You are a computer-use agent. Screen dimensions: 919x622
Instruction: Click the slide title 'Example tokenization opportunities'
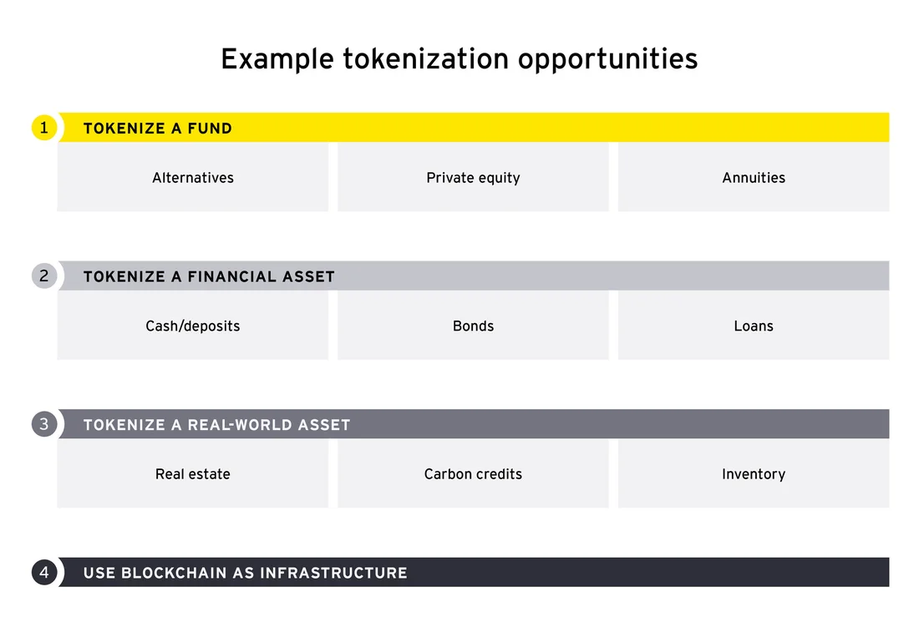(459, 59)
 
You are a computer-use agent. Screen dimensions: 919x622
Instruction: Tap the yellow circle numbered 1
(44, 128)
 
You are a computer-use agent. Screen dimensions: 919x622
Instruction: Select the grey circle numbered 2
(44, 276)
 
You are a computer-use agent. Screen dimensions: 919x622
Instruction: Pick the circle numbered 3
(44, 424)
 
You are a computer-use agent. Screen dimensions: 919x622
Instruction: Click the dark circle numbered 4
(44, 572)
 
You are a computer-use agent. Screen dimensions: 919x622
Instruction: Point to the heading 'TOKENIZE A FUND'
(158, 129)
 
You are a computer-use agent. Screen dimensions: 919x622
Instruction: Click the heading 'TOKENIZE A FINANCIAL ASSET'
(209, 276)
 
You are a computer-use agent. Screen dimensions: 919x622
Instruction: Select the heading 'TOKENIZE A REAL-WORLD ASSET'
(217, 425)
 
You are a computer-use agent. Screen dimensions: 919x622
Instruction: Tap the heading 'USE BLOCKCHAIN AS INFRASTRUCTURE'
(245, 573)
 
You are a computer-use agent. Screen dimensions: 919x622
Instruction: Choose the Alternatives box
(193, 178)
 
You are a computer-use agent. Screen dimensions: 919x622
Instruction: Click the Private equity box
(473, 178)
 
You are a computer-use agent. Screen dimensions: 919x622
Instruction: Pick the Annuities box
(754, 178)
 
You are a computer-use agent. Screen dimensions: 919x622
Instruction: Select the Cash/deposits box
(193, 326)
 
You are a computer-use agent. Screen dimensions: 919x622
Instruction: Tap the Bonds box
(473, 326)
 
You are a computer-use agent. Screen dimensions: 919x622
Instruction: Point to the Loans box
(754, 326)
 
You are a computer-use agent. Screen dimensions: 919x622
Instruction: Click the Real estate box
(193, 474)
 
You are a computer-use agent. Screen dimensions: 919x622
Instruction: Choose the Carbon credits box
(473, 474)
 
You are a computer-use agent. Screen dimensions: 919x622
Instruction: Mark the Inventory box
(754, 474)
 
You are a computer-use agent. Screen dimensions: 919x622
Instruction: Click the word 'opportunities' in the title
(607, 60)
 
